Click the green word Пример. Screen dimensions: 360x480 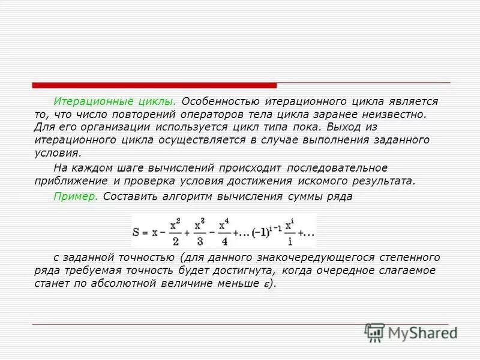(x=76, y=196)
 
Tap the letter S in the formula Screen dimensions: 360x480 (x=139, y=231)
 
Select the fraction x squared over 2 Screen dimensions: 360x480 (x=175, y=230)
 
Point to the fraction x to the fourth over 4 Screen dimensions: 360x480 (x=224, y=230)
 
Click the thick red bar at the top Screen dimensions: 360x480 (x=154, y=85)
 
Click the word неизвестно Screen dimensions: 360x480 (x=397, y=114)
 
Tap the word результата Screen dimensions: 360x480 (x=383, y=180)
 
